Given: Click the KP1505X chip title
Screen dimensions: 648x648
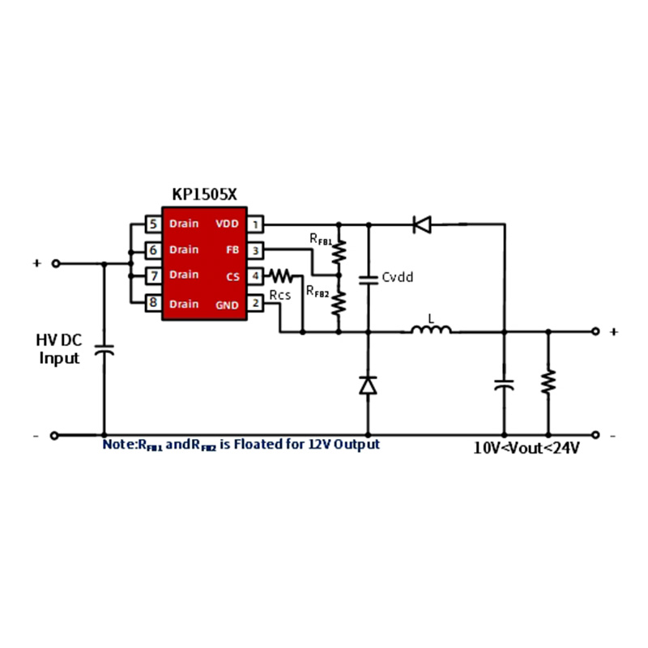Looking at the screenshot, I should (203, 194).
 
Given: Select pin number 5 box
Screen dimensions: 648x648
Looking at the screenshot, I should (152, 224).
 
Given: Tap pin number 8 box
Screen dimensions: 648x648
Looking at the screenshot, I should (152, 304).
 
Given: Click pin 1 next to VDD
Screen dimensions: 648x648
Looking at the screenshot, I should (255, 224).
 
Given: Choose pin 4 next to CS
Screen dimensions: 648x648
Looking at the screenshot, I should (255, 275).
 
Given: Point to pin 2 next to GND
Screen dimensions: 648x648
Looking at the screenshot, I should (255, 304).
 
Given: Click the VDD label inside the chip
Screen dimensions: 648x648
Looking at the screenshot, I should (227, 224).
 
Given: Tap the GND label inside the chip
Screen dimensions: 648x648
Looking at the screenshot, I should (227, 305).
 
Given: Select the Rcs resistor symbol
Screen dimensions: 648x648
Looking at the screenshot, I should (281, 275).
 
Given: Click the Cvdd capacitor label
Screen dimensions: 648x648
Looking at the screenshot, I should (397, 277).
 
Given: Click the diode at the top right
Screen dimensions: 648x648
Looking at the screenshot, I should (421, 224).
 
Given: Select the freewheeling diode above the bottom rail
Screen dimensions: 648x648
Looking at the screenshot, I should (369, 386).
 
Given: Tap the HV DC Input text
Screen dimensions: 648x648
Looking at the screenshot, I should (60, 349).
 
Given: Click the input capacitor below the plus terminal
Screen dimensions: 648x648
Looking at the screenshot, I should (104, 350).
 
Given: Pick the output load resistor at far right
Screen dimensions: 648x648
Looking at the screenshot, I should (548, 381).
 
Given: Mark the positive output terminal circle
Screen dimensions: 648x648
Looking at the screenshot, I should (596, 331).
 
